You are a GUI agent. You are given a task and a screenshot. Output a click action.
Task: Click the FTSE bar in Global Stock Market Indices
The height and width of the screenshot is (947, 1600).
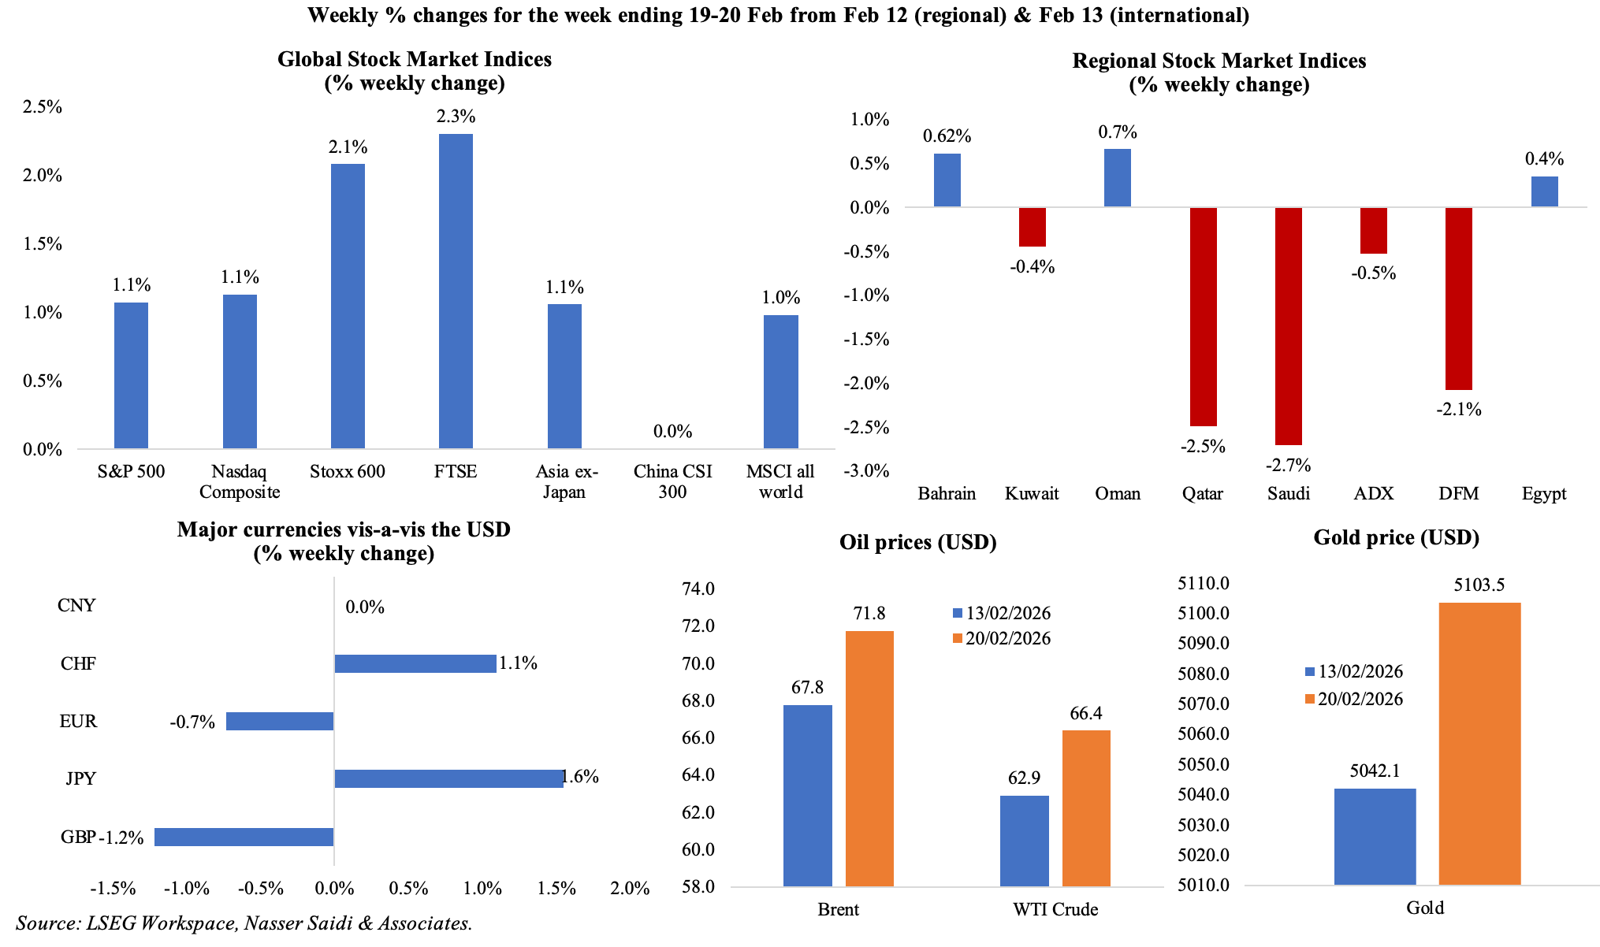pos(456,292)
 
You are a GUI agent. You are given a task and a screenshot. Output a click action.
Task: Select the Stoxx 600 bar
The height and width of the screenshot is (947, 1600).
pos(348,306)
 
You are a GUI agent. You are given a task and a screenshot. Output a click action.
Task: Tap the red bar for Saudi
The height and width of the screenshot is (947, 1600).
pos(1288,326)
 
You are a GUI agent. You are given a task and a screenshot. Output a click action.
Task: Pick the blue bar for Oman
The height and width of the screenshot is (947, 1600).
pos(1117,178)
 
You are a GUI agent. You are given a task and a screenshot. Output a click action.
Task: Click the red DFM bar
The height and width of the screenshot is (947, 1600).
pos(1458,299)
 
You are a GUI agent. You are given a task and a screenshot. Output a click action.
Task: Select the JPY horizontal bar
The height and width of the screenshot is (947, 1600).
pos(448,778)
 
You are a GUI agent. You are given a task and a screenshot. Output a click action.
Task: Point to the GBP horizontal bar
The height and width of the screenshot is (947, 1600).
pos(244,837)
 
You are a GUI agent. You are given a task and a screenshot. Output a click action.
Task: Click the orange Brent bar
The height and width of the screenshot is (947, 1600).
pos(869,759)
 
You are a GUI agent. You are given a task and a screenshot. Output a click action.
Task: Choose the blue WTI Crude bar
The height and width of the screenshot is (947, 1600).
pos(1024,841)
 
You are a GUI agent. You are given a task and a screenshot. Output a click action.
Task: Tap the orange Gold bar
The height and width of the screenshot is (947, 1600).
pos(1479,744)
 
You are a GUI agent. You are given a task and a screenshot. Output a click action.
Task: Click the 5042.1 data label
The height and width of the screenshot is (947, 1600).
pos(1375,771)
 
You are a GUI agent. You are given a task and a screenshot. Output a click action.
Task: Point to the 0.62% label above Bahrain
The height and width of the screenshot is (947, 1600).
pos(947,136)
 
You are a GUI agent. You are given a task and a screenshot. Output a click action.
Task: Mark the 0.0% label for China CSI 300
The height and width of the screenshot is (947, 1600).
pos(672,432)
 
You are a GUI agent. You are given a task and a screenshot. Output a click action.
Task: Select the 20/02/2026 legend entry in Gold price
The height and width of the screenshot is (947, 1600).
pos(1353,700)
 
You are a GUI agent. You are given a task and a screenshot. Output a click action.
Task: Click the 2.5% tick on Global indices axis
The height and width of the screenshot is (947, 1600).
pos(43,107)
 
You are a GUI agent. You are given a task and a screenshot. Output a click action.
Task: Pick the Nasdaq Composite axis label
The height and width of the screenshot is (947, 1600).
pos(240,482)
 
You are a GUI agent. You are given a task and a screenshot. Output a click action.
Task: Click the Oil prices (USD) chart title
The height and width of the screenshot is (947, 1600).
pos(917,543)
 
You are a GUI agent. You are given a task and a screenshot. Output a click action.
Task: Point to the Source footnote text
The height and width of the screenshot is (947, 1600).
pos(244,923)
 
